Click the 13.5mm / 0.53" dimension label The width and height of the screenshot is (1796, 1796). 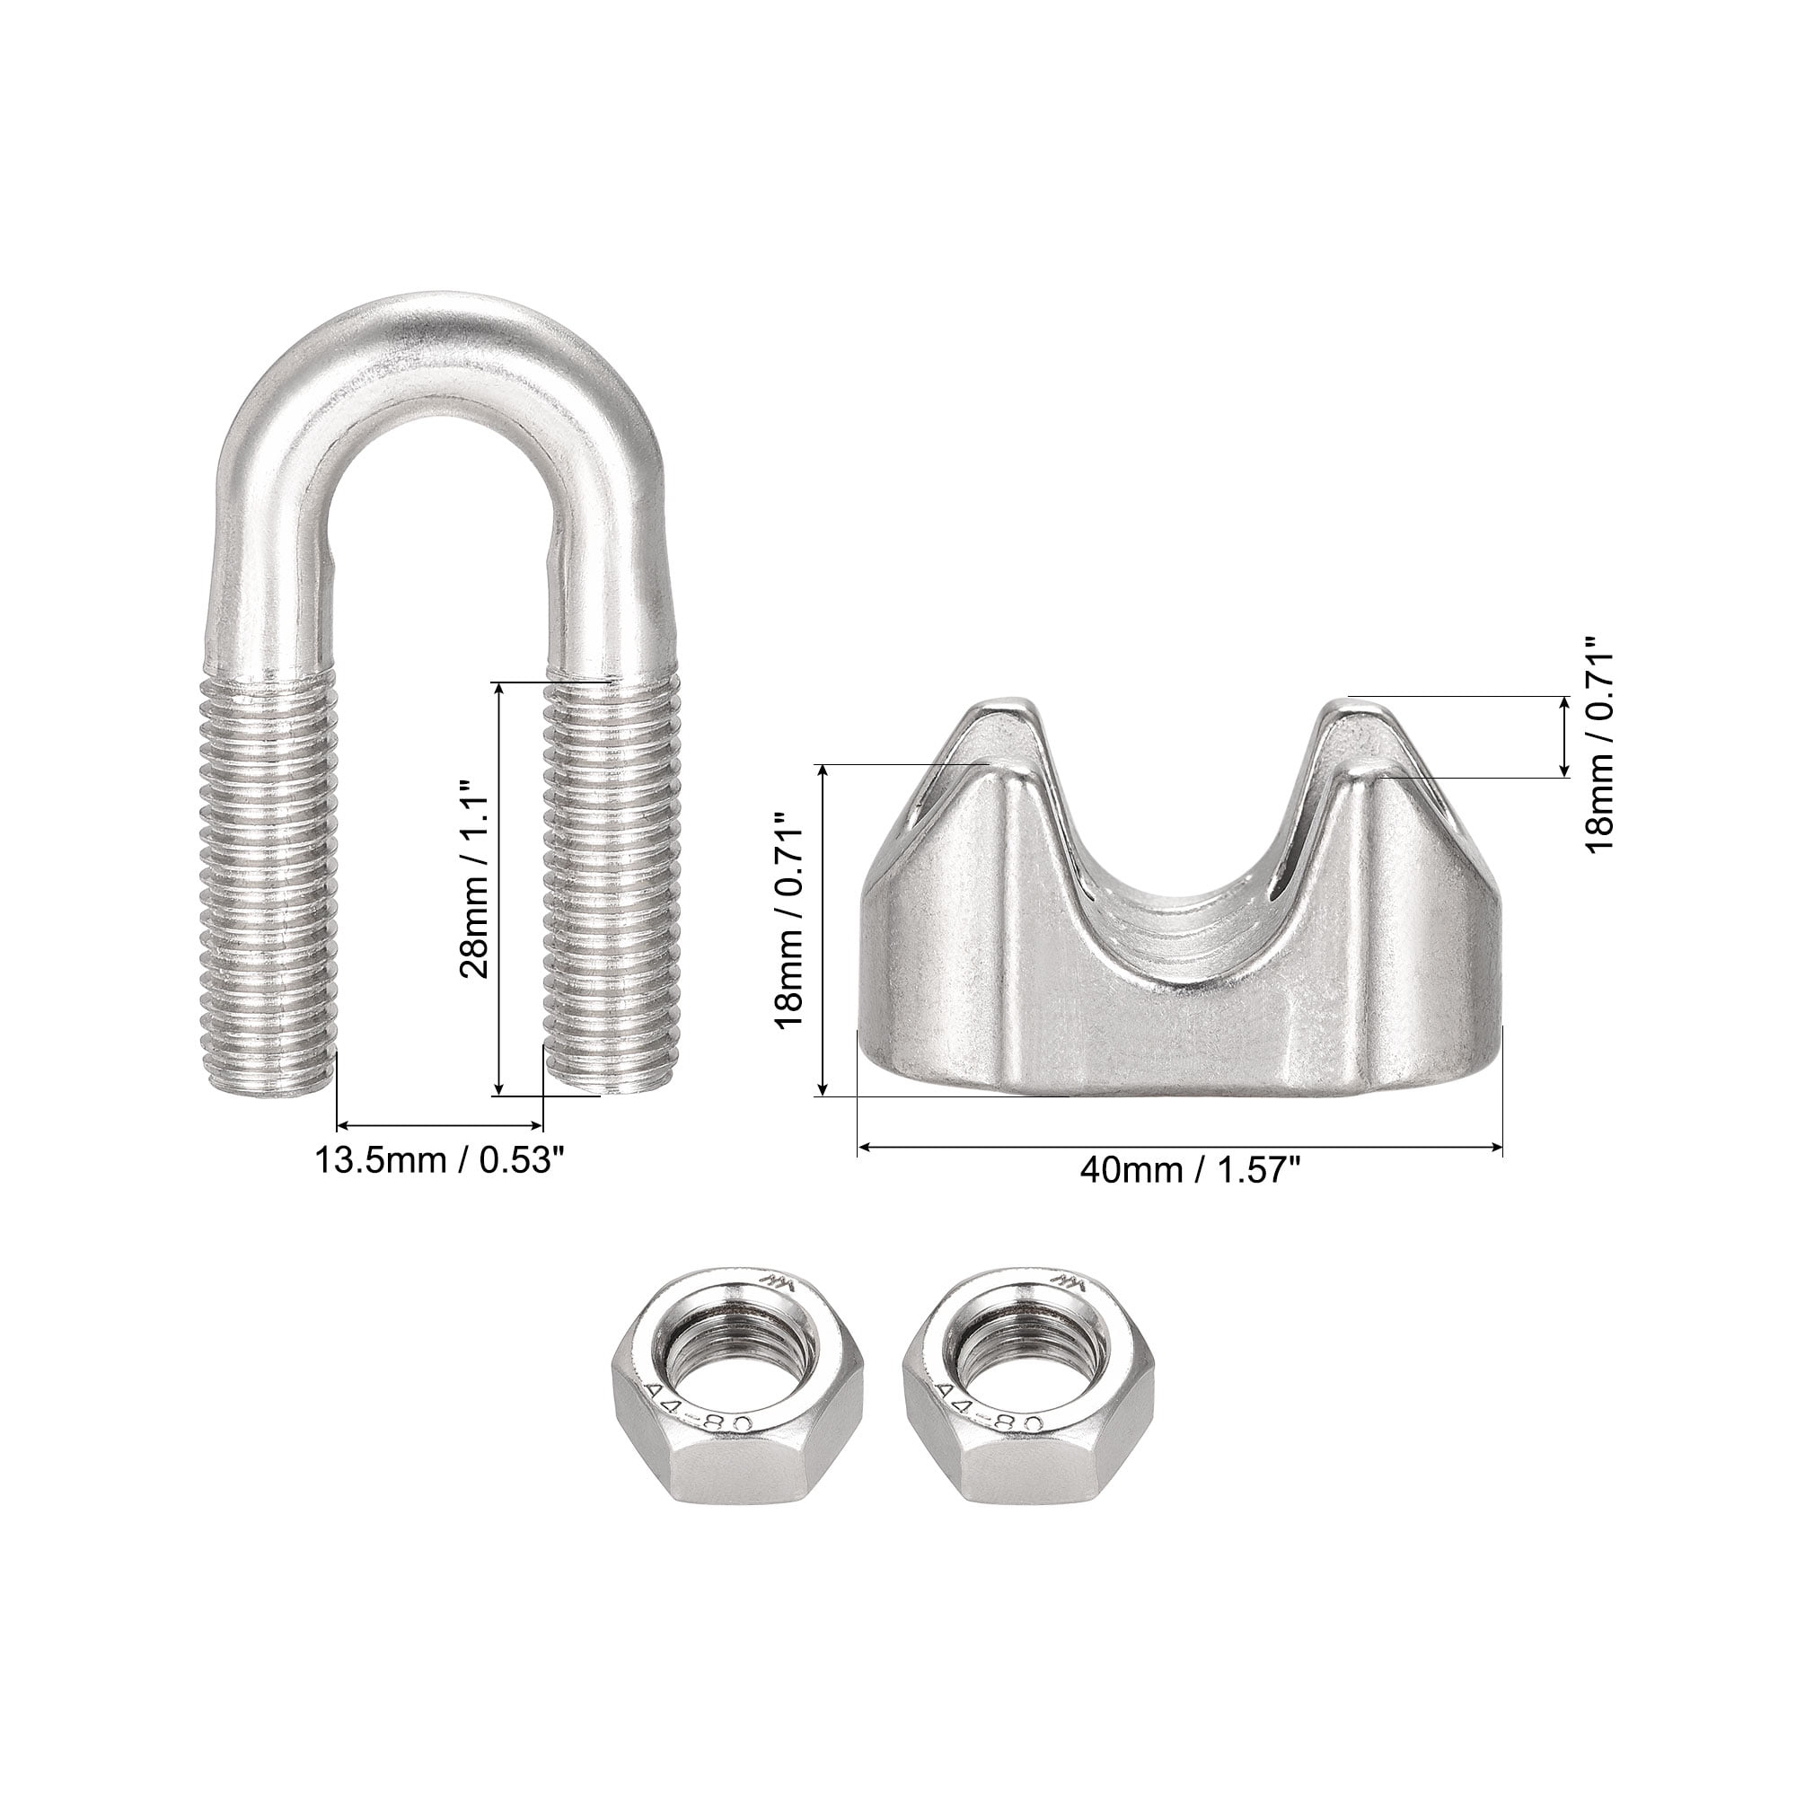pyautogui.click(x=440, y=1161)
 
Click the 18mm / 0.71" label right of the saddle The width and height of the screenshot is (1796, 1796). pyautogui.click(x=1602, y=749)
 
